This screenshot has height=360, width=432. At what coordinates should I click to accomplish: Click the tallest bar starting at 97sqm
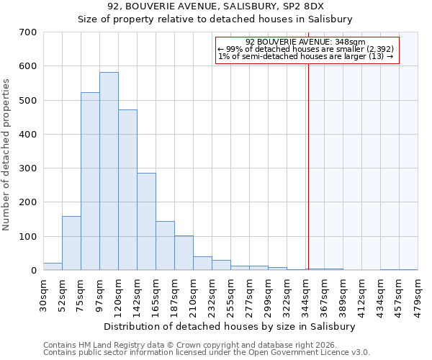tap(109, 171)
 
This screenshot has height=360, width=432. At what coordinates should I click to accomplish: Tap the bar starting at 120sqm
tap(127, 190)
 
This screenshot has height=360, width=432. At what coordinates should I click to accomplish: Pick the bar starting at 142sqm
tap(146, 222)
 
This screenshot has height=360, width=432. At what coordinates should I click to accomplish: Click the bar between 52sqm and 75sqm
tap(71, 243)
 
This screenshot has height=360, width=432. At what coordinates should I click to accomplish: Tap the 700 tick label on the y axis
tap(28, 32)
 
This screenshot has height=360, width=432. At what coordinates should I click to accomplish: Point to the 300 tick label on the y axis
tap(28, 168)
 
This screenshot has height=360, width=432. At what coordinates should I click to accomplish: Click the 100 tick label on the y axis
tap(28, 237)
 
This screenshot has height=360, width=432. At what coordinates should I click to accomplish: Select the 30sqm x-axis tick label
tap(43, 292)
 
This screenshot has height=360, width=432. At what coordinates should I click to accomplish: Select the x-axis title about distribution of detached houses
tap(230, 326)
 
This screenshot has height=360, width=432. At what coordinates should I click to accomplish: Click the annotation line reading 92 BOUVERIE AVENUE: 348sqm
tap(306, 42)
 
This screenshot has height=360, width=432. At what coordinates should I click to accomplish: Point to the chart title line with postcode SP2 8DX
tap(216, 6)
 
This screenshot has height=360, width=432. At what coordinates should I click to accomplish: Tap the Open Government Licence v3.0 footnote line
tap(207, 353)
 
